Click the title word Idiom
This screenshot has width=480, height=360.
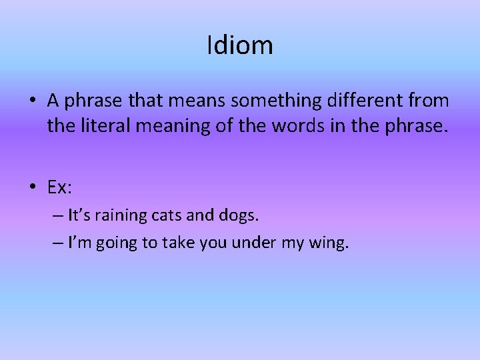click(240, 45)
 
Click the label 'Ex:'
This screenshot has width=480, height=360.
click(59, 188)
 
